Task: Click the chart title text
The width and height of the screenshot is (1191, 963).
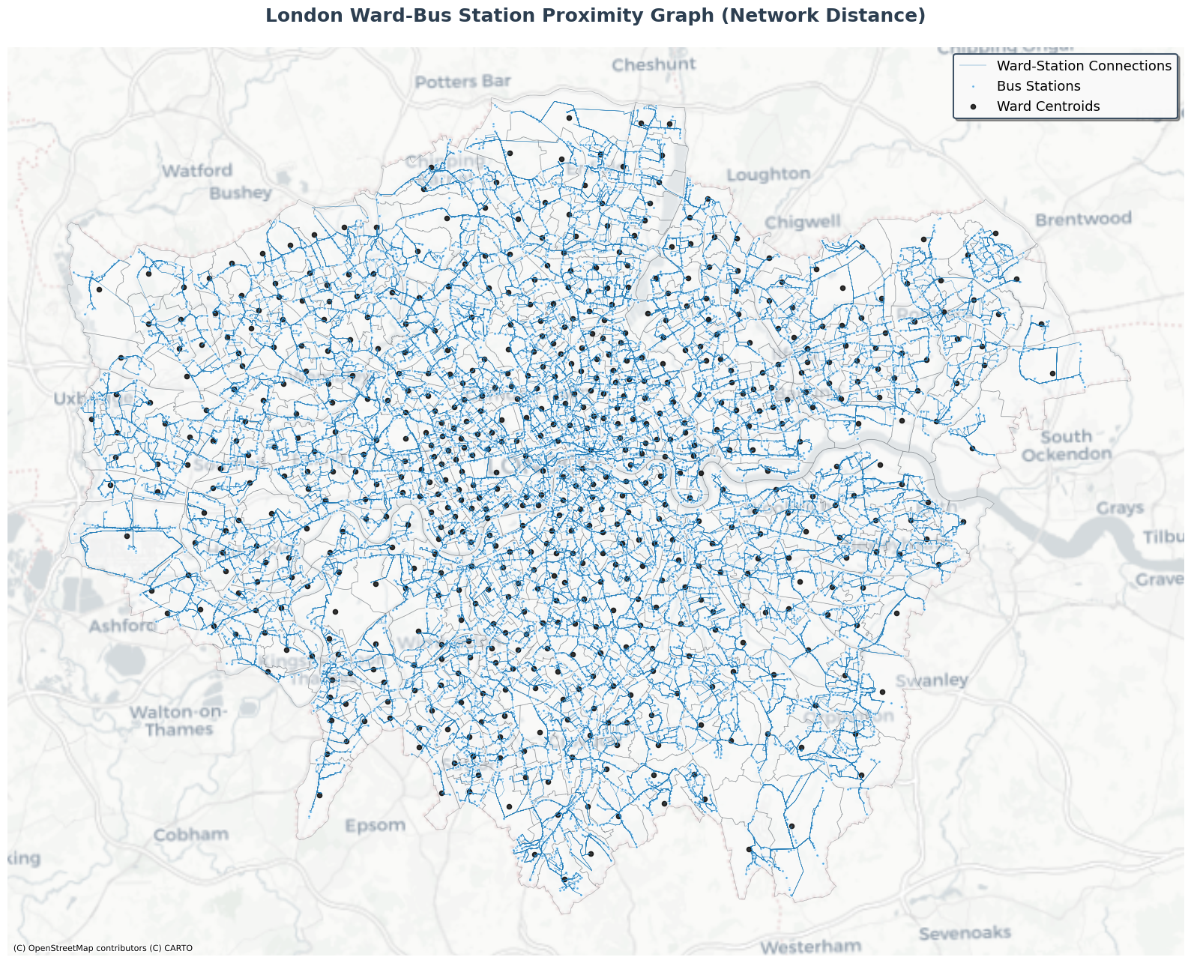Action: coord(595,16)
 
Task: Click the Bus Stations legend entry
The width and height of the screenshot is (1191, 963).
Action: coord(1038,86)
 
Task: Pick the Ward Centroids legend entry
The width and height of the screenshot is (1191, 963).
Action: coord(1048,106)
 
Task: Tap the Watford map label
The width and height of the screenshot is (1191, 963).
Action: coord(197,171)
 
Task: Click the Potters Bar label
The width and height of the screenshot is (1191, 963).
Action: coord(463,82)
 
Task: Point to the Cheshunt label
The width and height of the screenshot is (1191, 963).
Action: coord(654,65)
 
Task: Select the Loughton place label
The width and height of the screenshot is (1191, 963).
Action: coord(768,175)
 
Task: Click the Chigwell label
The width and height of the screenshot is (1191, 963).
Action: coord(803,223)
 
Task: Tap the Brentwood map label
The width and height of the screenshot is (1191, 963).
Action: coord(1083,220)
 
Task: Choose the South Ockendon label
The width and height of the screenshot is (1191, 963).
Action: coord(1067,446)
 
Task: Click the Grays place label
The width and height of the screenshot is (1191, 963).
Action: coord(1120,508)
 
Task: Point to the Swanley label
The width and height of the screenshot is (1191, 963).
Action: coord(932,680)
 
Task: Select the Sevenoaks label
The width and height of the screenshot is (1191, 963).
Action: coord(965,934)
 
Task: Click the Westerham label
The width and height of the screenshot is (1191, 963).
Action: coord(810,947)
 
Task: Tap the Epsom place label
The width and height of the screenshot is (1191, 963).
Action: coord(375,826)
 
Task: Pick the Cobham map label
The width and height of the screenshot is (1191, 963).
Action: coord(190,835)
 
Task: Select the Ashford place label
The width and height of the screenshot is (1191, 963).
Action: coord(123,625)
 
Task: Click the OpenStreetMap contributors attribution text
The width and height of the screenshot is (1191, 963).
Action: coord(103,949)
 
